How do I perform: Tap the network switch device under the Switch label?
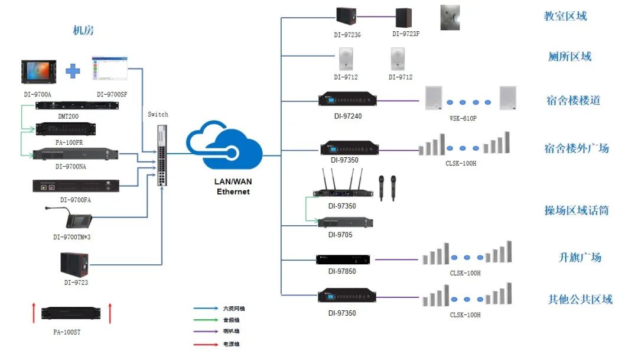point(162,155)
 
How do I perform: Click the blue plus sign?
point(73,72)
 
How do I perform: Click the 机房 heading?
point(83,31)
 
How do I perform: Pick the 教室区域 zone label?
point(565,17)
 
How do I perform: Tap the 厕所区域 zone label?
point(569,57)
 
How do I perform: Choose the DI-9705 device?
point(345,223)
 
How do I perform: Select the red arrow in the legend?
point(203,343)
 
